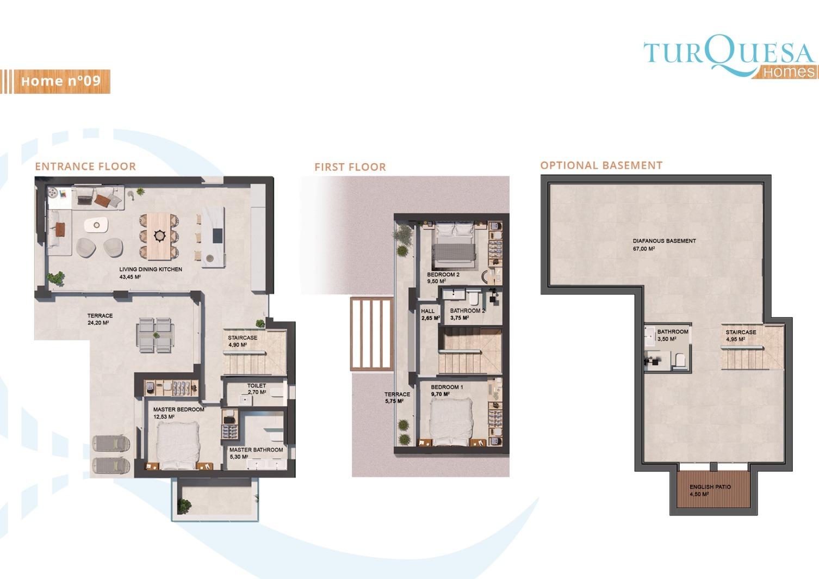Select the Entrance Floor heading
coord(85,167)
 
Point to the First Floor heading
coord(350,167)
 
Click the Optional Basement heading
coord(601,165)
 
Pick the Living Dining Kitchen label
coord(151,269)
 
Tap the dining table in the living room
coord(159,236)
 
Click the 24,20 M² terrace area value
coord(98,323)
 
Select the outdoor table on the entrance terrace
coord(156,335)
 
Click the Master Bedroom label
coord(178,409)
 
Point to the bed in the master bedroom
coord(178,445)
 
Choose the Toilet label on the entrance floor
coord(256,385)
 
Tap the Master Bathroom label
coord(256,450)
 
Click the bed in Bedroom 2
coord(454,246)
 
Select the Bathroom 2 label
coord(467,311)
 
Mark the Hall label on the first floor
coord(427,311)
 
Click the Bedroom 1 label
coord(447,387)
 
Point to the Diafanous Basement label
coord(665,241)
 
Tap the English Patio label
coord(710,487)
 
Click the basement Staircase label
coord(741,332)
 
